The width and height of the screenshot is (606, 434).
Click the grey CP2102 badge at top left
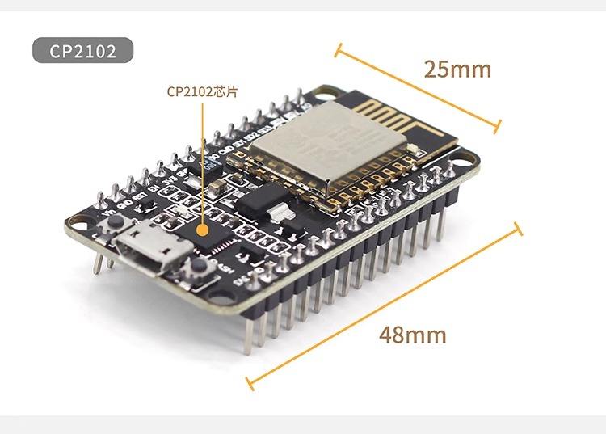coord(82,51)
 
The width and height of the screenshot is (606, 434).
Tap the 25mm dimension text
coord(457,70)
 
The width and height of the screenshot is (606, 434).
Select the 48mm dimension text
coord(412,334)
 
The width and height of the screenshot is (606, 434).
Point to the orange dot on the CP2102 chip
coord(203,226)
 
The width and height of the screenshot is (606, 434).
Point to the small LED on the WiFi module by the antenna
coord(413,149)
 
